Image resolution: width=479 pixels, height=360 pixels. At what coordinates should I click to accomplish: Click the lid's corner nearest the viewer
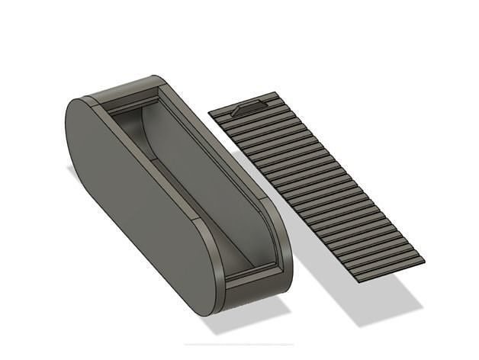(358, 278)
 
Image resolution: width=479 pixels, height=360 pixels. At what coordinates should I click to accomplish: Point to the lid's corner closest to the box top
(210, 113)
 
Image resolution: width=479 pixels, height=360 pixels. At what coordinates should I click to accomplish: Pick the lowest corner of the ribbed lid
(358, 278)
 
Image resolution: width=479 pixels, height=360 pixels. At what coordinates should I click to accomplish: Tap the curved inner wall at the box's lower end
(263, 229)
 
